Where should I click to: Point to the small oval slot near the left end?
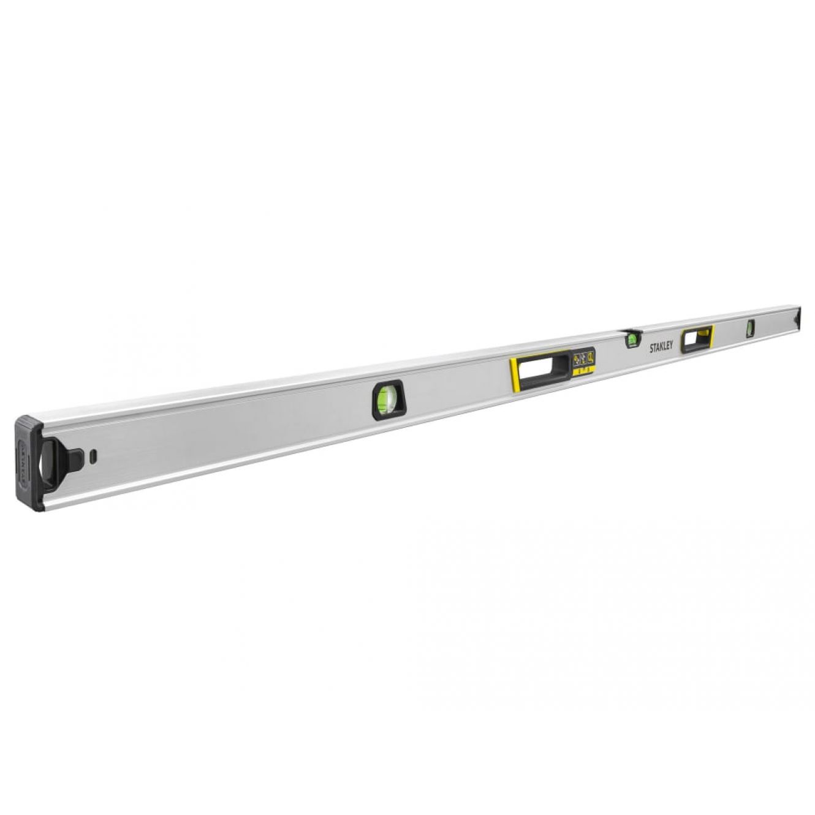[x=93, y=456]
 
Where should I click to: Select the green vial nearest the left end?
[x=387, y=400]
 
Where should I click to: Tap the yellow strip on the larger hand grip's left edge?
[x=514, y=376]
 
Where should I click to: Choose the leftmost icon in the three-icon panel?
[x=577, y=361]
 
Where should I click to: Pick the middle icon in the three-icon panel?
[x=584, y=359]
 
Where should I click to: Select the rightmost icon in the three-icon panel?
[x=591, y=357]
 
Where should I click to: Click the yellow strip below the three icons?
[x=584, y=370]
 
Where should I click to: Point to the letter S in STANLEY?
[x=651, y=350]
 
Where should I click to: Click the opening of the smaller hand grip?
[x=695, y=339]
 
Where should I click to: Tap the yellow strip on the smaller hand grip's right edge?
[x=711, y=336]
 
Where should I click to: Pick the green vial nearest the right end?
[x=749, y=328]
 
